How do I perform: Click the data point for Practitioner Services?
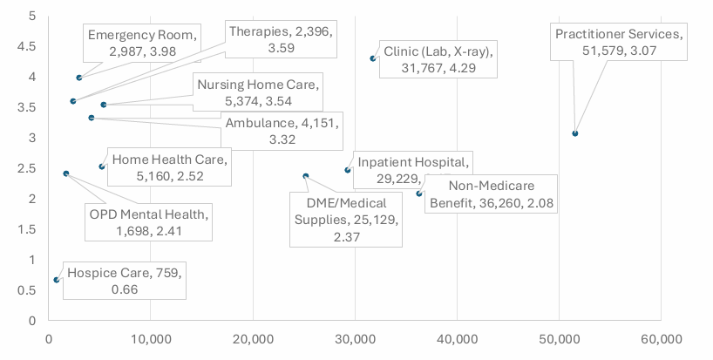coord(575,133)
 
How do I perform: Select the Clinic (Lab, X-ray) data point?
coord(373,58)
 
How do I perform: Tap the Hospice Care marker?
coord(57,280)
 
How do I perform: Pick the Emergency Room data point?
coord(79,78)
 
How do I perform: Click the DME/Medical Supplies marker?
coord(305,176)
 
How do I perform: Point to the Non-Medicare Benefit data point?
coord(418,194)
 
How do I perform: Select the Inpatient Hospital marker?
coord(347,170)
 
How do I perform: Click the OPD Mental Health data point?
coord(66,173)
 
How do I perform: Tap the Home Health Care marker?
coord(102,166)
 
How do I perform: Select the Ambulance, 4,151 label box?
coord(282,132)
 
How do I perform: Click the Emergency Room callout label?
coord(144,43)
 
